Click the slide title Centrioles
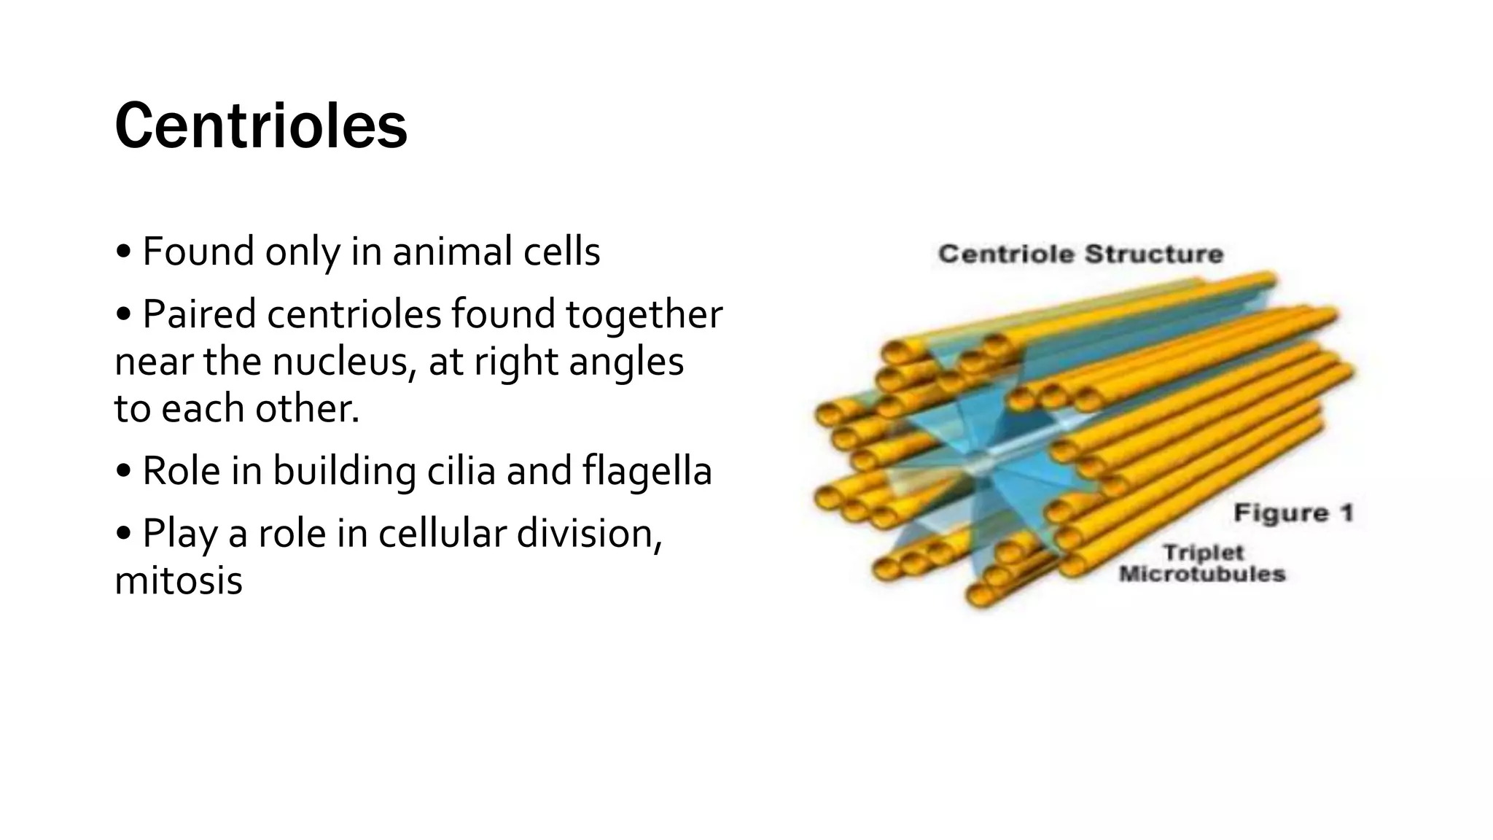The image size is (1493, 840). pyautogui.click(x=260, y=127)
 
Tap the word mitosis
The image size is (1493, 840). pyautogui.click(x=179, y=581)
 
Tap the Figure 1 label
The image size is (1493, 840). pyautogui.click(x=1293, y=513)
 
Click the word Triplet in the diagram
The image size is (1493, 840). pyautogui.click(x=1203, y=552)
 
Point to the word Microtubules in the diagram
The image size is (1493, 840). pyautogui.click(x=1201, y=574)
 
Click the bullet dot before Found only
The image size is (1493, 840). pyautogui.click(x=124, y=253)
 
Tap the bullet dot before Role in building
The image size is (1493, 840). pyautogui.click(x=124, y=472)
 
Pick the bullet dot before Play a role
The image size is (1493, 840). pyautogui.click(x=124, y=534)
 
